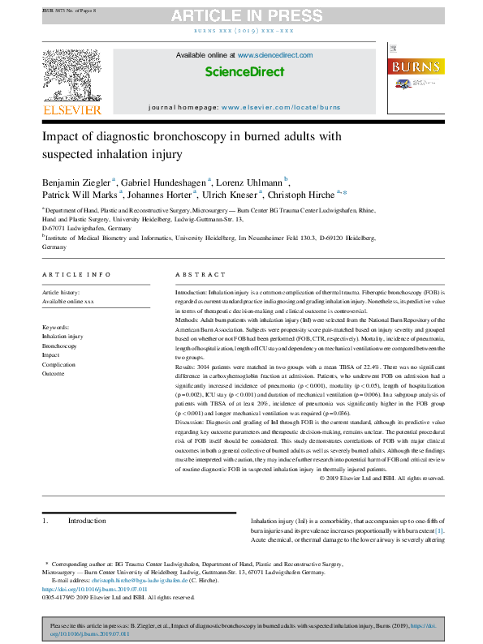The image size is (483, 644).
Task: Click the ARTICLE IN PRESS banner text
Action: [241, 15]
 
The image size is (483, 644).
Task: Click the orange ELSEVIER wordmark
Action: [71, 109]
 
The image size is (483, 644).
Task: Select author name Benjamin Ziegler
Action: [75, 180]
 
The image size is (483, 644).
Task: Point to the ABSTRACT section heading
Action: [195, 275]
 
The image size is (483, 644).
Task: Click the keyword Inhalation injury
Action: [63, 335]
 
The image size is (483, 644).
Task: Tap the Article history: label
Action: [63, 291]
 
